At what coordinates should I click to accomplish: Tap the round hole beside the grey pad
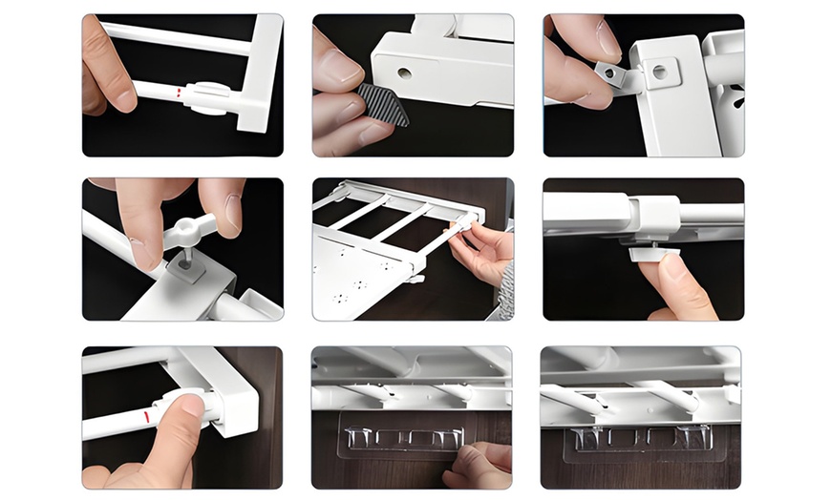[x=405, y=73]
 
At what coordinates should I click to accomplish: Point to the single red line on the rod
[x=146, y=418]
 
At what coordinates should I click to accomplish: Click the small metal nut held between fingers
[x=608, y=73]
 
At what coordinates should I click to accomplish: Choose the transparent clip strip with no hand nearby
[x=640, y=438]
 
